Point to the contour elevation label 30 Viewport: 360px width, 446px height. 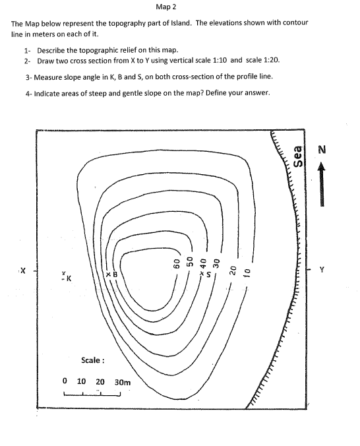point(216,263)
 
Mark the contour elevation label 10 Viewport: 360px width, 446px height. point(246,270)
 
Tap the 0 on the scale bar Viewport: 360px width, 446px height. point(64,381)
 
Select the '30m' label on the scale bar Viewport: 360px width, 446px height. point(123,381)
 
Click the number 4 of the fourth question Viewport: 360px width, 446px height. point(27,94)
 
